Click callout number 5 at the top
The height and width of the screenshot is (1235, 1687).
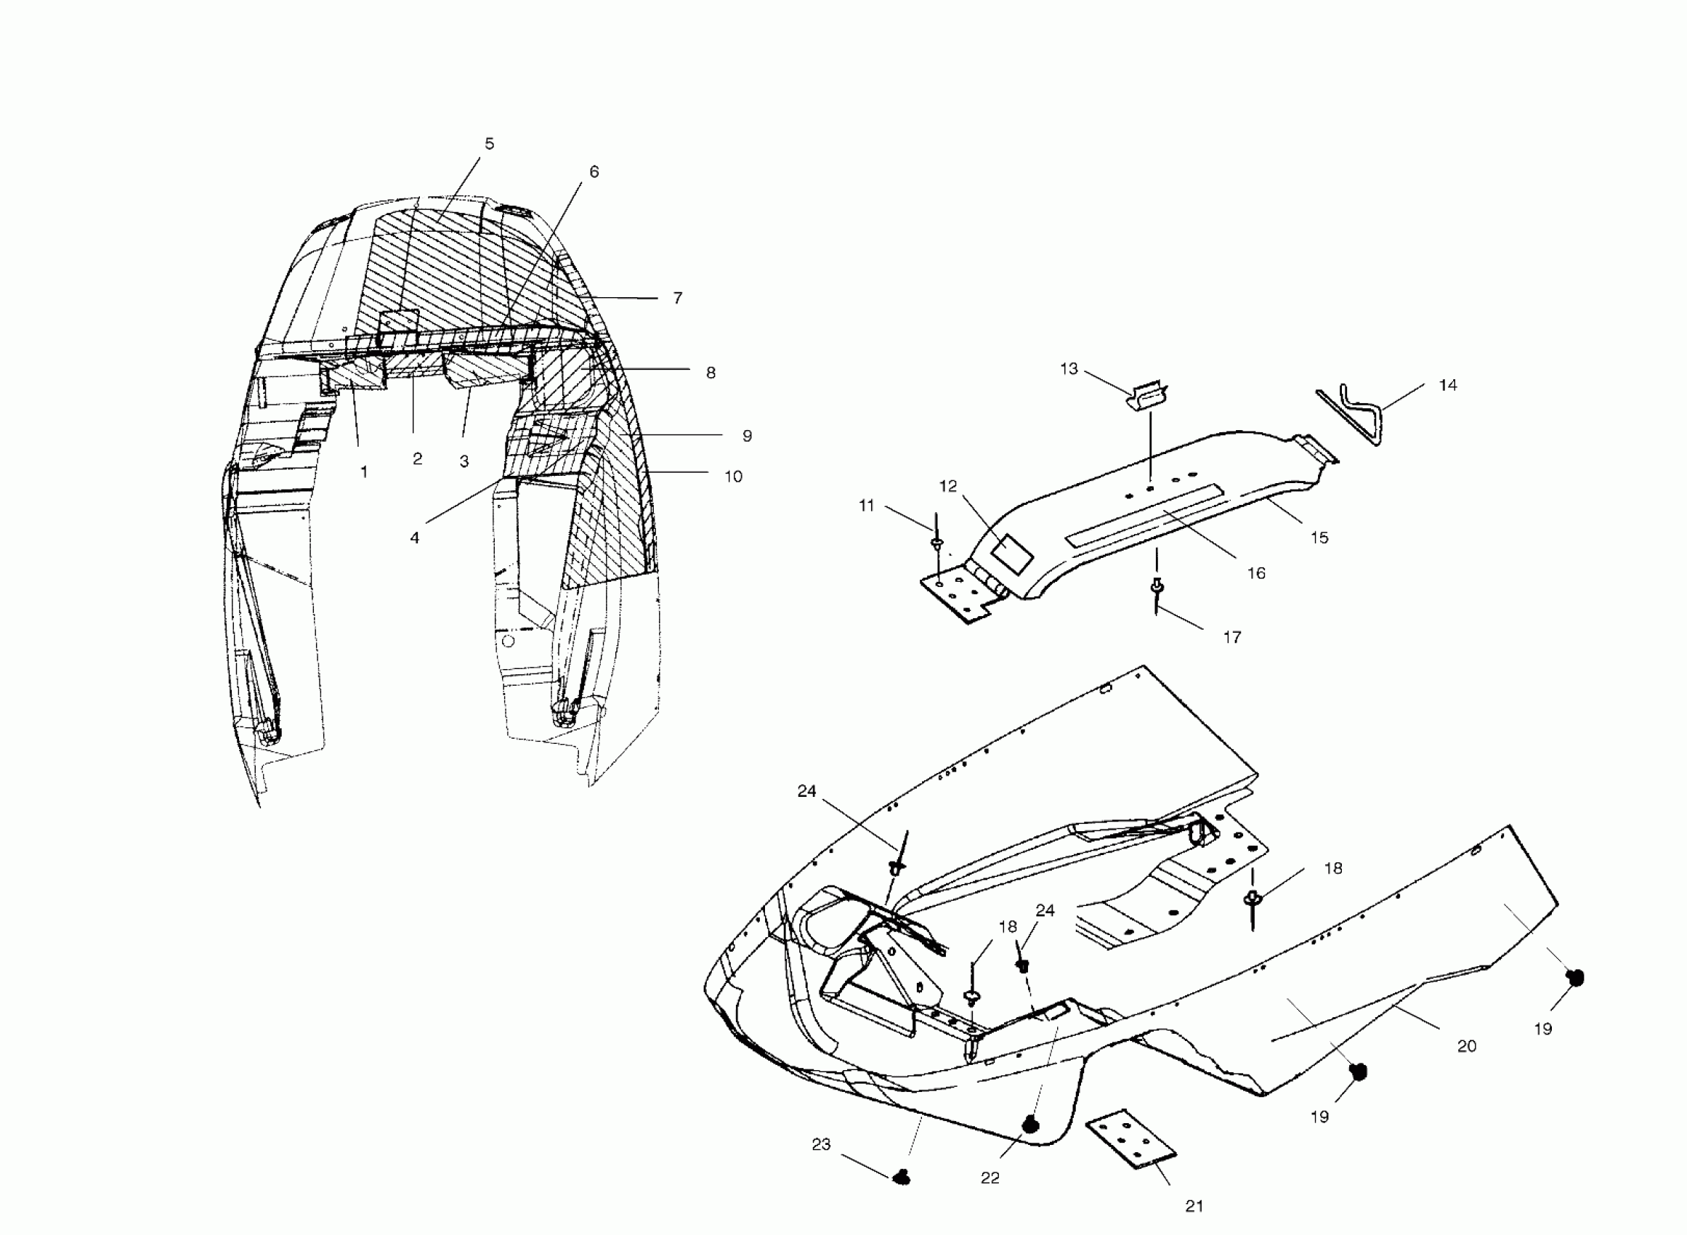click(489, 144)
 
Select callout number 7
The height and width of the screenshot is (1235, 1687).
click(677, 299)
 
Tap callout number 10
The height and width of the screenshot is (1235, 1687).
click(732, 477)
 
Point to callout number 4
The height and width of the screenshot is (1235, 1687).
click(414, 538)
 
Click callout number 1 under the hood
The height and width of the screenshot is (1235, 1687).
click(364, 472)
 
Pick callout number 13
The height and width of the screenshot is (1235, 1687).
click(1069, 369)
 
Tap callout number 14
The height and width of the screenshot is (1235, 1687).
click(1448, 386)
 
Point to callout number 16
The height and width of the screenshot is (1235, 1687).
click(1255, 573)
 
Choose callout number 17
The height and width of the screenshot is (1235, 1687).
click(1231, 638)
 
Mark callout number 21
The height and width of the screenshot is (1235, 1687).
click(1194, 1206)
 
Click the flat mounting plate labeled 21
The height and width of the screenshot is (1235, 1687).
click(1130, 1139)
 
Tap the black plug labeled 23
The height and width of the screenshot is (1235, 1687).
click(902, 1178)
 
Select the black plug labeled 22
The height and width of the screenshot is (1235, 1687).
click(1032, 1124)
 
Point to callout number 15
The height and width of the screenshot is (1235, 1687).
click(1319, 538)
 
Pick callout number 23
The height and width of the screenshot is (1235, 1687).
click(821, 1144)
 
